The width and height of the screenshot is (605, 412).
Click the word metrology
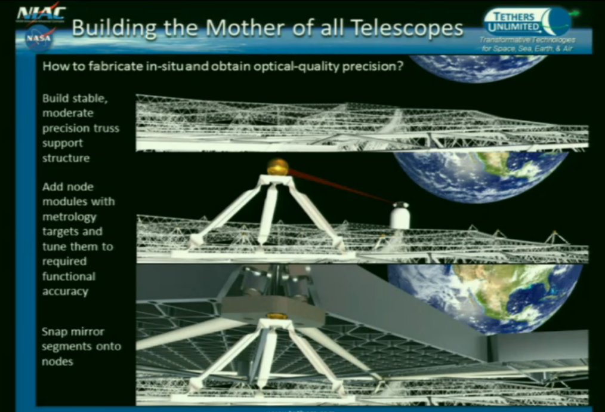click(69, 216)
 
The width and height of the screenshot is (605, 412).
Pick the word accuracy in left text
click(65, 291)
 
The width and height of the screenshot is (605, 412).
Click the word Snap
click(55, 331)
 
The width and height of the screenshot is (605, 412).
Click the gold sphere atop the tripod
click(278, 167)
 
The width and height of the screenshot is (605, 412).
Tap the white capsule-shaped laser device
click(400, 216)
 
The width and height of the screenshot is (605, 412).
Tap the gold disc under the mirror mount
click(276, 315)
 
